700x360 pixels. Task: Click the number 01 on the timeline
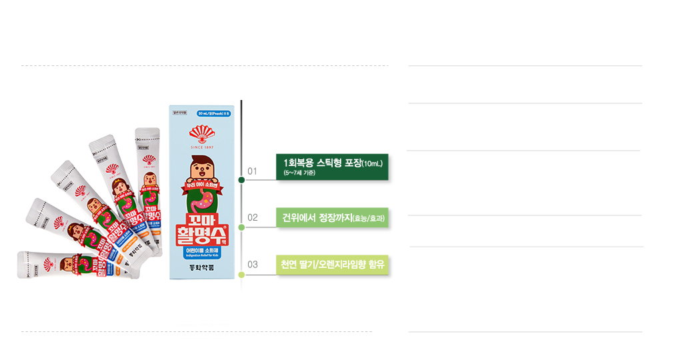252,172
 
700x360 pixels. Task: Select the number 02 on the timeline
253,217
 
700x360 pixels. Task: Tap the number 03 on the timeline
253,265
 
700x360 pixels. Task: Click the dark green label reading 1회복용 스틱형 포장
332,167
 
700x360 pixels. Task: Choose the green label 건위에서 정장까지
332,217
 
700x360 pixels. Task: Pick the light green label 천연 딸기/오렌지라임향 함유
332,265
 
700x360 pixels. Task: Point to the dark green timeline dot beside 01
241,180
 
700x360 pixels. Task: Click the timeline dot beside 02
241,227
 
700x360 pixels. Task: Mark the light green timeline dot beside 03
241,273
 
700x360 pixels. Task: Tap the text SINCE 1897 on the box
202,143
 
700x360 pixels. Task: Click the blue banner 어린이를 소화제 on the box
202,251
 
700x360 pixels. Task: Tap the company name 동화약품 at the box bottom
202,270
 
